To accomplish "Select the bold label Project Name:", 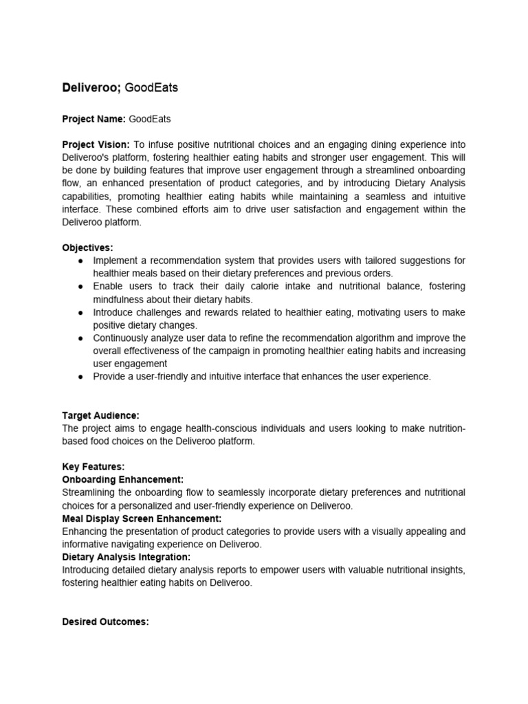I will [94, 119].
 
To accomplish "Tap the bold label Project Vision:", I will [96, 144].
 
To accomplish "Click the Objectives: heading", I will [88, 247].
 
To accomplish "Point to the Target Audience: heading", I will [100, 415].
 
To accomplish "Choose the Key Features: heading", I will [93, 467].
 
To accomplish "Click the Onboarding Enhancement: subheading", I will [123, 479].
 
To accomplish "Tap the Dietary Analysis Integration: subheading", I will [126, 557].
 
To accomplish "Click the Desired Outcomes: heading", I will [105, 621].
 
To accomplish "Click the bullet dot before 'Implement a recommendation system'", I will [81, 261].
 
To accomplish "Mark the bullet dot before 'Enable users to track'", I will [81, 287].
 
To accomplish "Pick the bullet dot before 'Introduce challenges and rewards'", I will [81, 312].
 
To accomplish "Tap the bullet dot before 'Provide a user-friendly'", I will [81, 377].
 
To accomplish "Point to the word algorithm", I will [369, 338].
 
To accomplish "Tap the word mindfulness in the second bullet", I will [121, 299].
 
